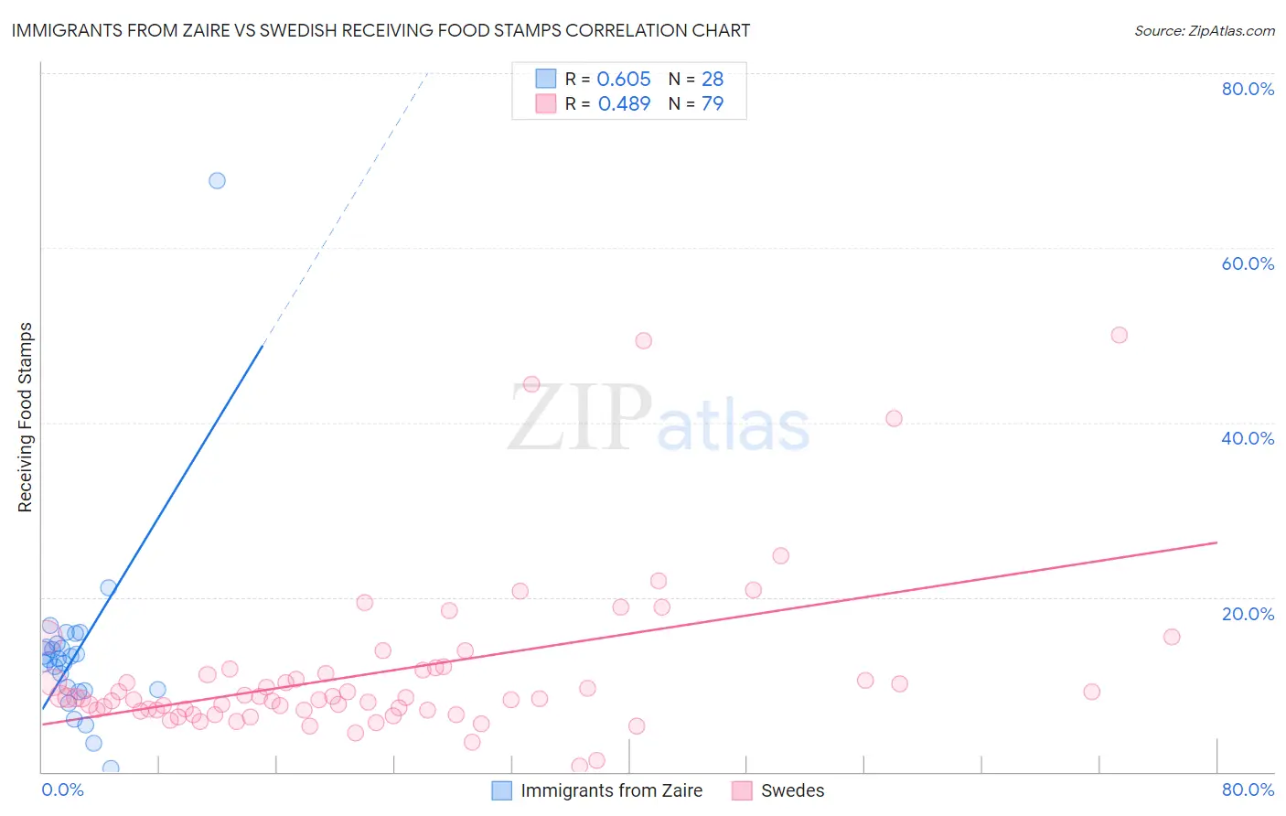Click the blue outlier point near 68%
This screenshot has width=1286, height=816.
217,180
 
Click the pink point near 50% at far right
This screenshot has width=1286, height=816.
1119,335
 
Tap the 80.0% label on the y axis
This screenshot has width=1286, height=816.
1248,89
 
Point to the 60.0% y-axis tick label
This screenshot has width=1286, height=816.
1248,263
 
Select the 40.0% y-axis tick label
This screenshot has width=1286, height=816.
1248,438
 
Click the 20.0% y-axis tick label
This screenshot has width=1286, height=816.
1248,614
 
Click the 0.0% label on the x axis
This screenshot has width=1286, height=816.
62,789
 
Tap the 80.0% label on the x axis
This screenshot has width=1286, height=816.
1248,789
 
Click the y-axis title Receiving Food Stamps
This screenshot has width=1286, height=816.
25,417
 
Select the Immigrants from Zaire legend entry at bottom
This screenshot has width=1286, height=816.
611,790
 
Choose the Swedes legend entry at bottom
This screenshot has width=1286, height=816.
792,790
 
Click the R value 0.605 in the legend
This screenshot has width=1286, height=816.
624,80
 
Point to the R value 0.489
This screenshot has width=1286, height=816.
624,103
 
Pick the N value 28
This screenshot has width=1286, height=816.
713,80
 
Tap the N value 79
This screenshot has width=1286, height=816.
713,103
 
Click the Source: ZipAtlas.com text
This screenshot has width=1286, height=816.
1204,31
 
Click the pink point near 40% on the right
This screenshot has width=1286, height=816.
894,418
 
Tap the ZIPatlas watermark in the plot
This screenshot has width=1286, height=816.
659,418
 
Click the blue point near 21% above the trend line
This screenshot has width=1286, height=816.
108,587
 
